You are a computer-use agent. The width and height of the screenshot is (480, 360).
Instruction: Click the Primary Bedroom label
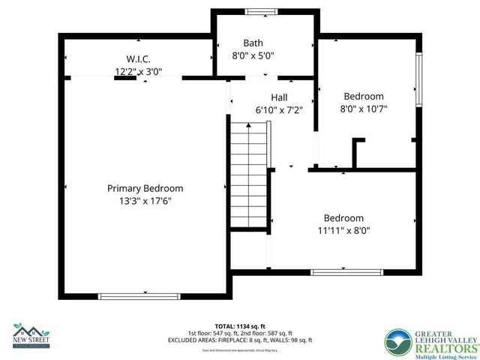(145, 188)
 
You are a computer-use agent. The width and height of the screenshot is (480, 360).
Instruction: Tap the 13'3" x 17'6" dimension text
(145, 201)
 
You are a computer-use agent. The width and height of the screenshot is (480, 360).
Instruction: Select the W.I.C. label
(139, 59)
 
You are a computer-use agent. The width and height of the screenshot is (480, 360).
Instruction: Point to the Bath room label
(253, 43)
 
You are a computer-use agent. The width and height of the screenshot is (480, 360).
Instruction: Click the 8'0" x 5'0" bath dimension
(253, 55)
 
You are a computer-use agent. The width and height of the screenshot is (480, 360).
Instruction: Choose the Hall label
(279, 97)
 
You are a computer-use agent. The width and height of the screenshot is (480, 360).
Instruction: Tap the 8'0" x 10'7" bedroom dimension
(364, 109)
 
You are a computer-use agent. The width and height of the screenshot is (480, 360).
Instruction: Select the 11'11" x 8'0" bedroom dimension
(344, 231)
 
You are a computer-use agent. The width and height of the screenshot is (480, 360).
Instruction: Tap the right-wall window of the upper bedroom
(421, 82)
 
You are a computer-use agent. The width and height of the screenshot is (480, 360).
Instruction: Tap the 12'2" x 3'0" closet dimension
(139, 72)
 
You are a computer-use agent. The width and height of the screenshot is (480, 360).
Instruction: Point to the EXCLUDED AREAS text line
(240, 340)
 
